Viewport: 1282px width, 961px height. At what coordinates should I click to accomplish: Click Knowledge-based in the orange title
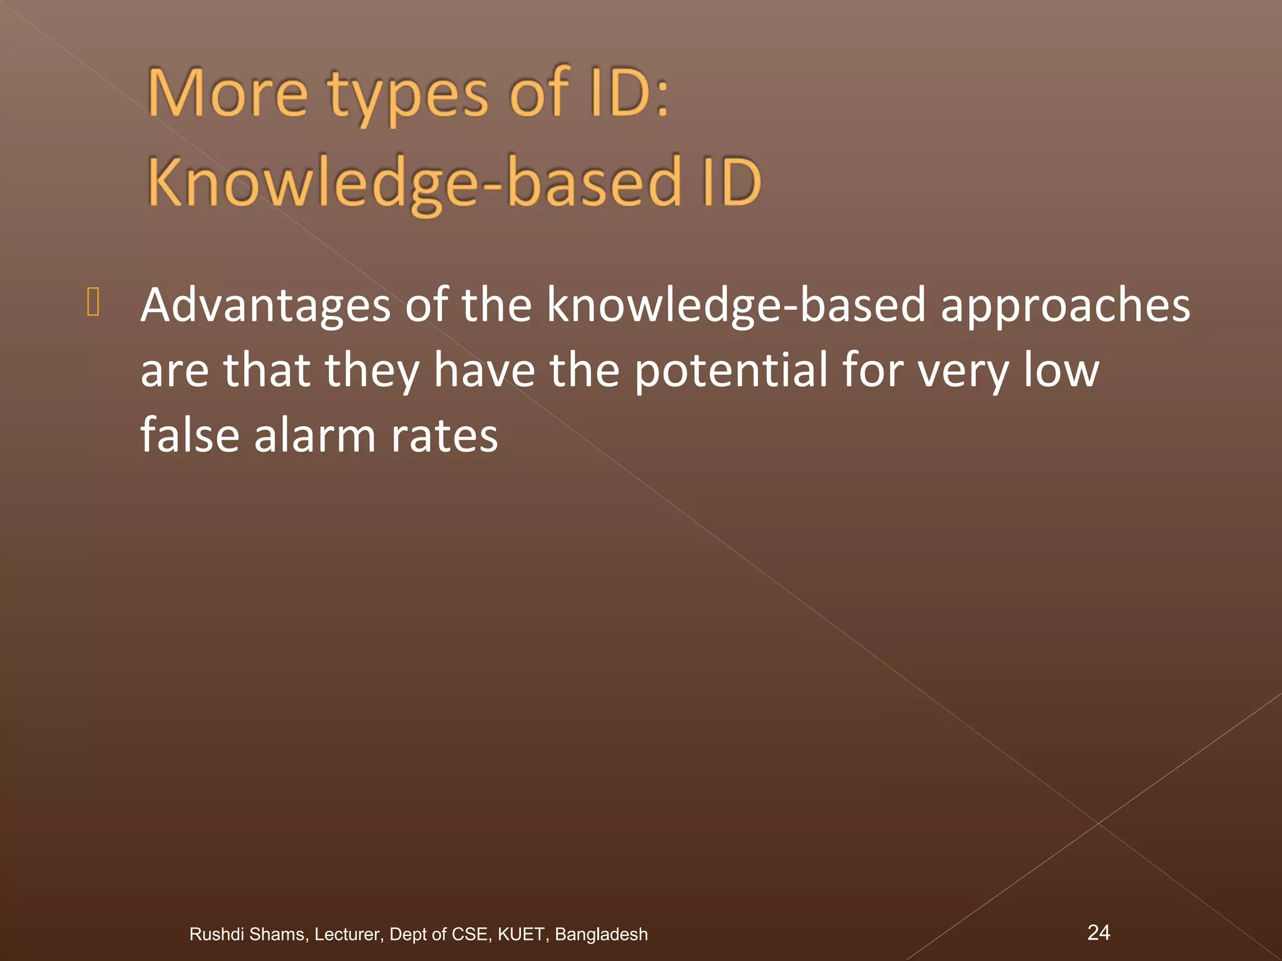[414, 183]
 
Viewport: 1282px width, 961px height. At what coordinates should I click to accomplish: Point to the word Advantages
[265, 305]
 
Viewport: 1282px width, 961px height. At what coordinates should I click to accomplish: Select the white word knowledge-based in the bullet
[736, 305]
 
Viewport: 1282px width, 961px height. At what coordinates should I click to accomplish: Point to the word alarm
[314, 435]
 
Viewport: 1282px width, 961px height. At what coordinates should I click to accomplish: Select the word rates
[444, 436]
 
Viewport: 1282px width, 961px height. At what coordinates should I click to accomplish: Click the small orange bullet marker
[93, 302]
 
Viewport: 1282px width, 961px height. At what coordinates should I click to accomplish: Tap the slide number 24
[1099, 932]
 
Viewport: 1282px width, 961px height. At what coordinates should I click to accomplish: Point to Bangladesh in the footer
[601, 934]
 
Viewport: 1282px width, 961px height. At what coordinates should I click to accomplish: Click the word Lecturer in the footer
[347, 934]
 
